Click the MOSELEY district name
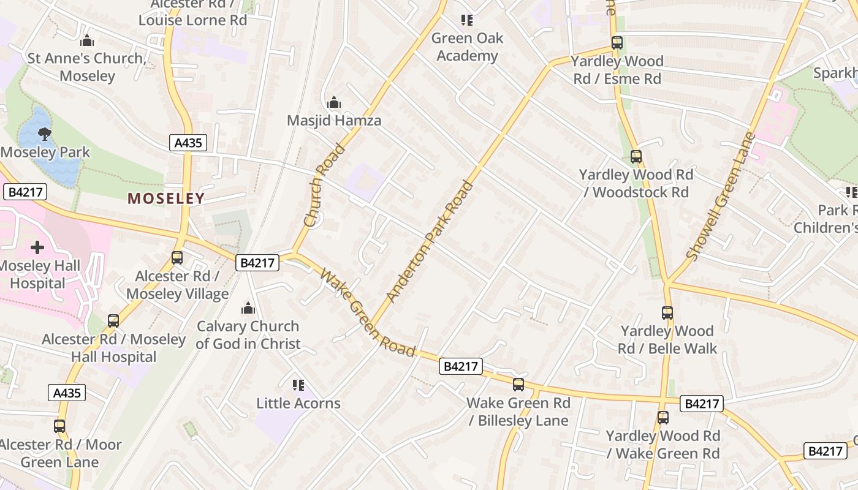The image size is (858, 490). pos(165,198)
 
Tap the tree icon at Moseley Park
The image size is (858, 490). pos(44,134)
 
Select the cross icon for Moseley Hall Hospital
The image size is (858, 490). pos(37,247)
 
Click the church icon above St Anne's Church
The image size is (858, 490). pos(87,41)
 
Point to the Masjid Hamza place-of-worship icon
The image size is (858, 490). pos(334,102)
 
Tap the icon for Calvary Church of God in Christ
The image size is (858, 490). pos(248,308)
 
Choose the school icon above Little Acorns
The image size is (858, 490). pos(298,385)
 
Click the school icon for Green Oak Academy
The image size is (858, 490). pos(467,20)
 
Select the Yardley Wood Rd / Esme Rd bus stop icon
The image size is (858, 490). pos(617,43)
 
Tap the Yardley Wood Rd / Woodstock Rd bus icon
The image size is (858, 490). pos(636,157)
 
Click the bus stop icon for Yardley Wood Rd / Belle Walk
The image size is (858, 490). pos(667,313)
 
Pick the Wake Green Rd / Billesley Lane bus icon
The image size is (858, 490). pos(518,385)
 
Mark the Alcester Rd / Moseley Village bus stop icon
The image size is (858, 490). pos(177,258)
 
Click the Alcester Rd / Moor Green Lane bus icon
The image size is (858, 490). pos(59,426)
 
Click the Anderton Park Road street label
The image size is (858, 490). pos(431,241)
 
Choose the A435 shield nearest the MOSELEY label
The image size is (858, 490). pos(188,143)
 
